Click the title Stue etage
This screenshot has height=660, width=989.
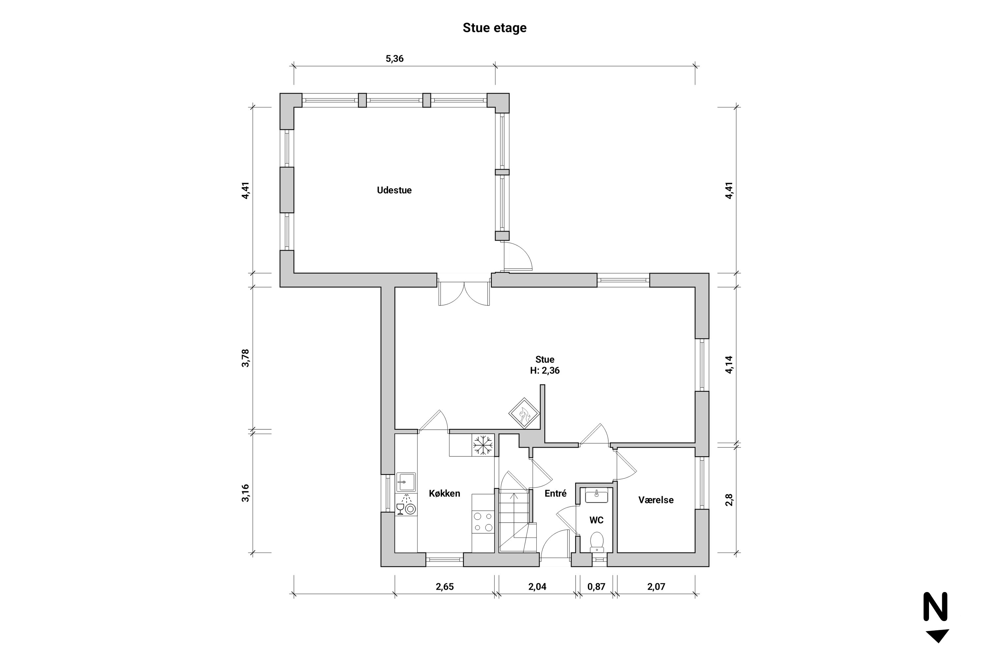coord(494,28)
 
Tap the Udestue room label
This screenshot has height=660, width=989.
coord(394,190)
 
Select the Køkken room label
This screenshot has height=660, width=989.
coord(444,493)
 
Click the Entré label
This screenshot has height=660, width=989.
coord(555,493)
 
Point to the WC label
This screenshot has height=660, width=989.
coord(596,520)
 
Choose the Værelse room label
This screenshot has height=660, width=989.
coord(656,500)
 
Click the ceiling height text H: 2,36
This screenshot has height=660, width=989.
coord(545,371)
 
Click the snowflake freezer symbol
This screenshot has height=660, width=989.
coord(483,445)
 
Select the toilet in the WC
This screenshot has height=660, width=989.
coord(597,542)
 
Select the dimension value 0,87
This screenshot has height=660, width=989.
coord(596,587)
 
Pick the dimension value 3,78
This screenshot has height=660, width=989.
coord(246,358)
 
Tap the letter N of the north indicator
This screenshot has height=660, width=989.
coord(936,607)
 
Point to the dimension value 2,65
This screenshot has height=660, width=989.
coord(444,587)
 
